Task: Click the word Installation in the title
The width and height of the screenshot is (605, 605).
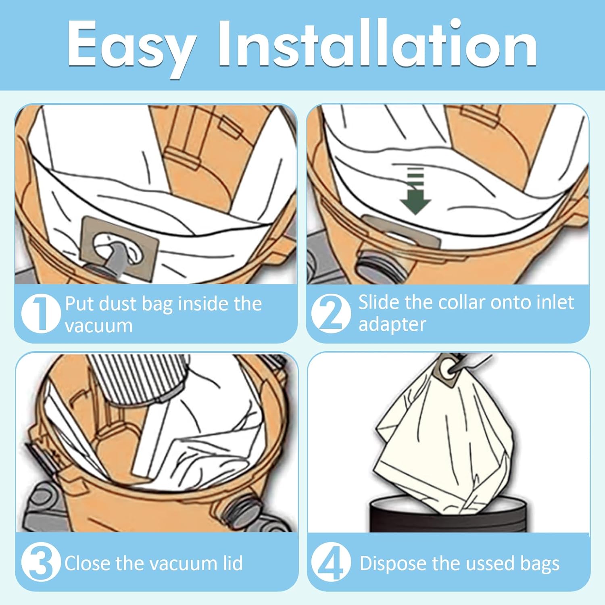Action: (378, 43)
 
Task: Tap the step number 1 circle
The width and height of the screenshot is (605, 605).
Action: (41, 313)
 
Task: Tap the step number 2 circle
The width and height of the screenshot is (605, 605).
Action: (331, 313)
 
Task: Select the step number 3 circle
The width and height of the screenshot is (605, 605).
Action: (41, 562)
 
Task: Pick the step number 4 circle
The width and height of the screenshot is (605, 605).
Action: (331, 562)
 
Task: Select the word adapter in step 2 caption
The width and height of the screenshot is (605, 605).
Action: (392, 325)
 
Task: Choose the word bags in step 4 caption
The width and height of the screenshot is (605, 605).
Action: (540, 564)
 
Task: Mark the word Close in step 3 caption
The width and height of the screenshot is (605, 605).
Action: (88, 563)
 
